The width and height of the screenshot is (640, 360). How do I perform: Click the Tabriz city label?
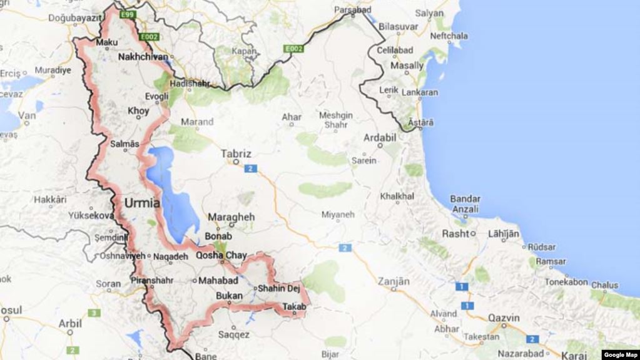click(236, 153)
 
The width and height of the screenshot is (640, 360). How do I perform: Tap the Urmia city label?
click(142, 203)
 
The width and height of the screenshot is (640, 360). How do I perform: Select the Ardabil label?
click(380, 137)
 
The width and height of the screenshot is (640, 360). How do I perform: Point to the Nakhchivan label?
click(143, 57)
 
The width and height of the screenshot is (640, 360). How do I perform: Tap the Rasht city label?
click(455, 234)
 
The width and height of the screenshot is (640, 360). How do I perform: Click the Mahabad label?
click(218, 281)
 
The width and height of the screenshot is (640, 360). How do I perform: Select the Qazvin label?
click(504, 318)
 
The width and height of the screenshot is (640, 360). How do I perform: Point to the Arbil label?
click(69, 324)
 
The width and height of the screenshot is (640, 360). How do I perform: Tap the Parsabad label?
click(353, 10)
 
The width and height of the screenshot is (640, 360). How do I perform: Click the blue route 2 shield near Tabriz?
click(251, 168)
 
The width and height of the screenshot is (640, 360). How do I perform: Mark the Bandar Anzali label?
click(465, 204)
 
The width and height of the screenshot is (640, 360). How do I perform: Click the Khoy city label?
click(138, 111)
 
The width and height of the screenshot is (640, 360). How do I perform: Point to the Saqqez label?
click(234, 335)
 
